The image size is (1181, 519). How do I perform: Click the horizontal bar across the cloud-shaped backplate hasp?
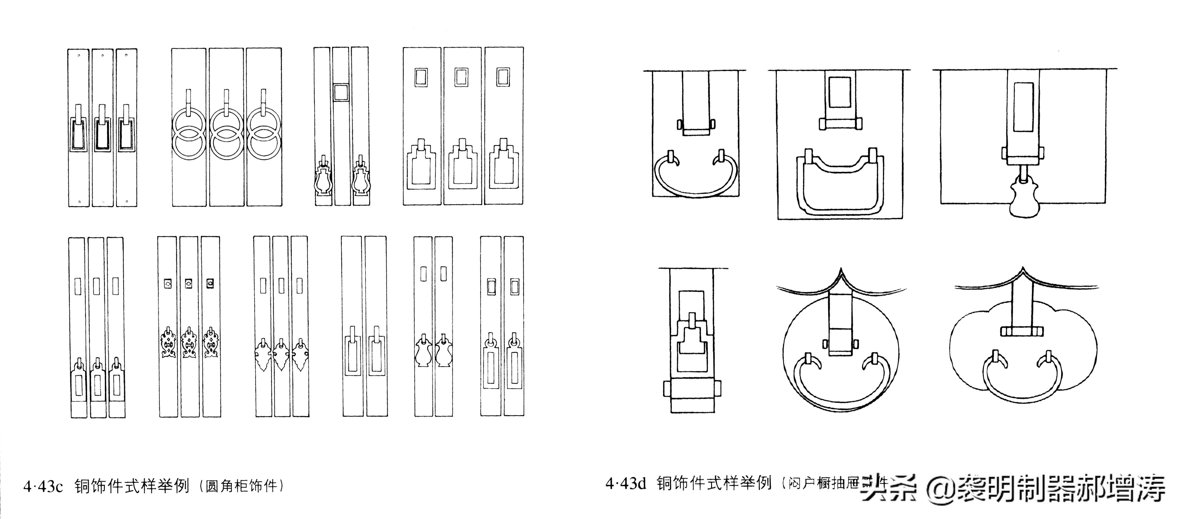click(1022, 331)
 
